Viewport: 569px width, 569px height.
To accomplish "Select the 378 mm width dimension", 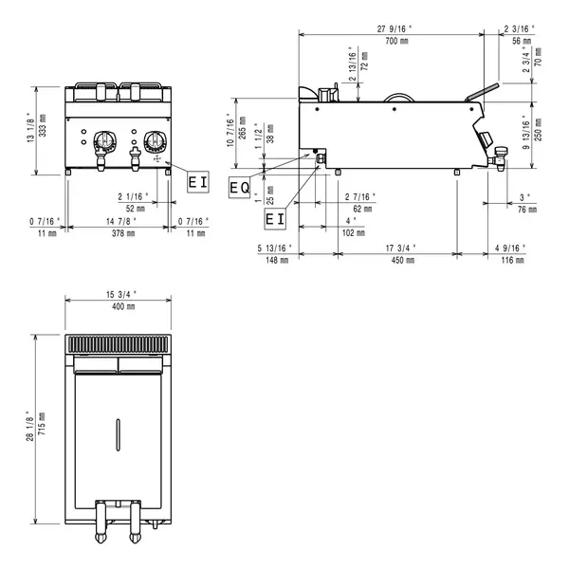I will (118, 231).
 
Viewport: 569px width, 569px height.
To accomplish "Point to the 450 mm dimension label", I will (397, 260).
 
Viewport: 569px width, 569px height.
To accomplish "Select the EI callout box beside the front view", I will (197, 180).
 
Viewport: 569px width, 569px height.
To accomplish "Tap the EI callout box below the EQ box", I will (274, 219).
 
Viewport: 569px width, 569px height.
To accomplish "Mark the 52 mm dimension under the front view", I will (135, 208).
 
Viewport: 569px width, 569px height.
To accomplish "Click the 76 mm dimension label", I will (524, 209).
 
